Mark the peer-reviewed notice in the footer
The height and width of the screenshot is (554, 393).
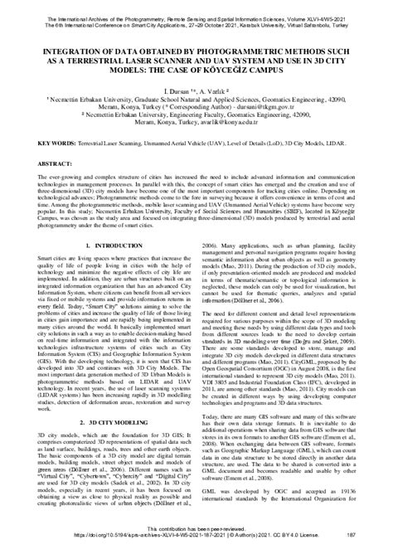tap(196, 535)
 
